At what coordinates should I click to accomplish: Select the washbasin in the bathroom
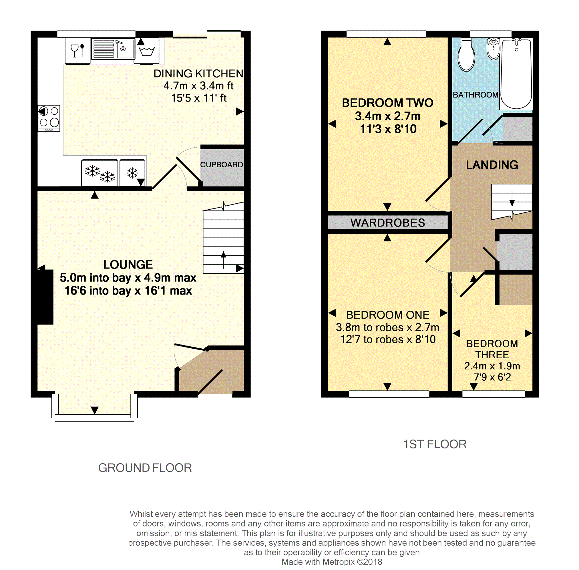pyautogui.click(x=493, y=49)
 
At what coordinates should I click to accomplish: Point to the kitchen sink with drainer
pyautogui.click(x=113, y=49)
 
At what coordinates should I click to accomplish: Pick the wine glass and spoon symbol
pyautogui.click(x=77, y=51)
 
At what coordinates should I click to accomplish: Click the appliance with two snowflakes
pyautogui.click(x=100, y=173)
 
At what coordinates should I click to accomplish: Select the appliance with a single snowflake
pyautogui.click(x=132, y=173)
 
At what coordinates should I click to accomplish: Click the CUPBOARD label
pyautogui.click(x=221, y=165)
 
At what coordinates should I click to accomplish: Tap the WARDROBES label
pyautogui.click(x=387, y=223)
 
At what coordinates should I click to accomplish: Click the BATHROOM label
pyautogui.click(x=475, y=95)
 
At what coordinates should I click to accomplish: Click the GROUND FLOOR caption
pyautogui.click(x=145, y=468)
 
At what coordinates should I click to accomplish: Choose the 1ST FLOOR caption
pyautogui.click(x=435, y=444)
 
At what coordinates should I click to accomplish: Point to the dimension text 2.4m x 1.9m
pyautogui.click(x=492, y=366)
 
